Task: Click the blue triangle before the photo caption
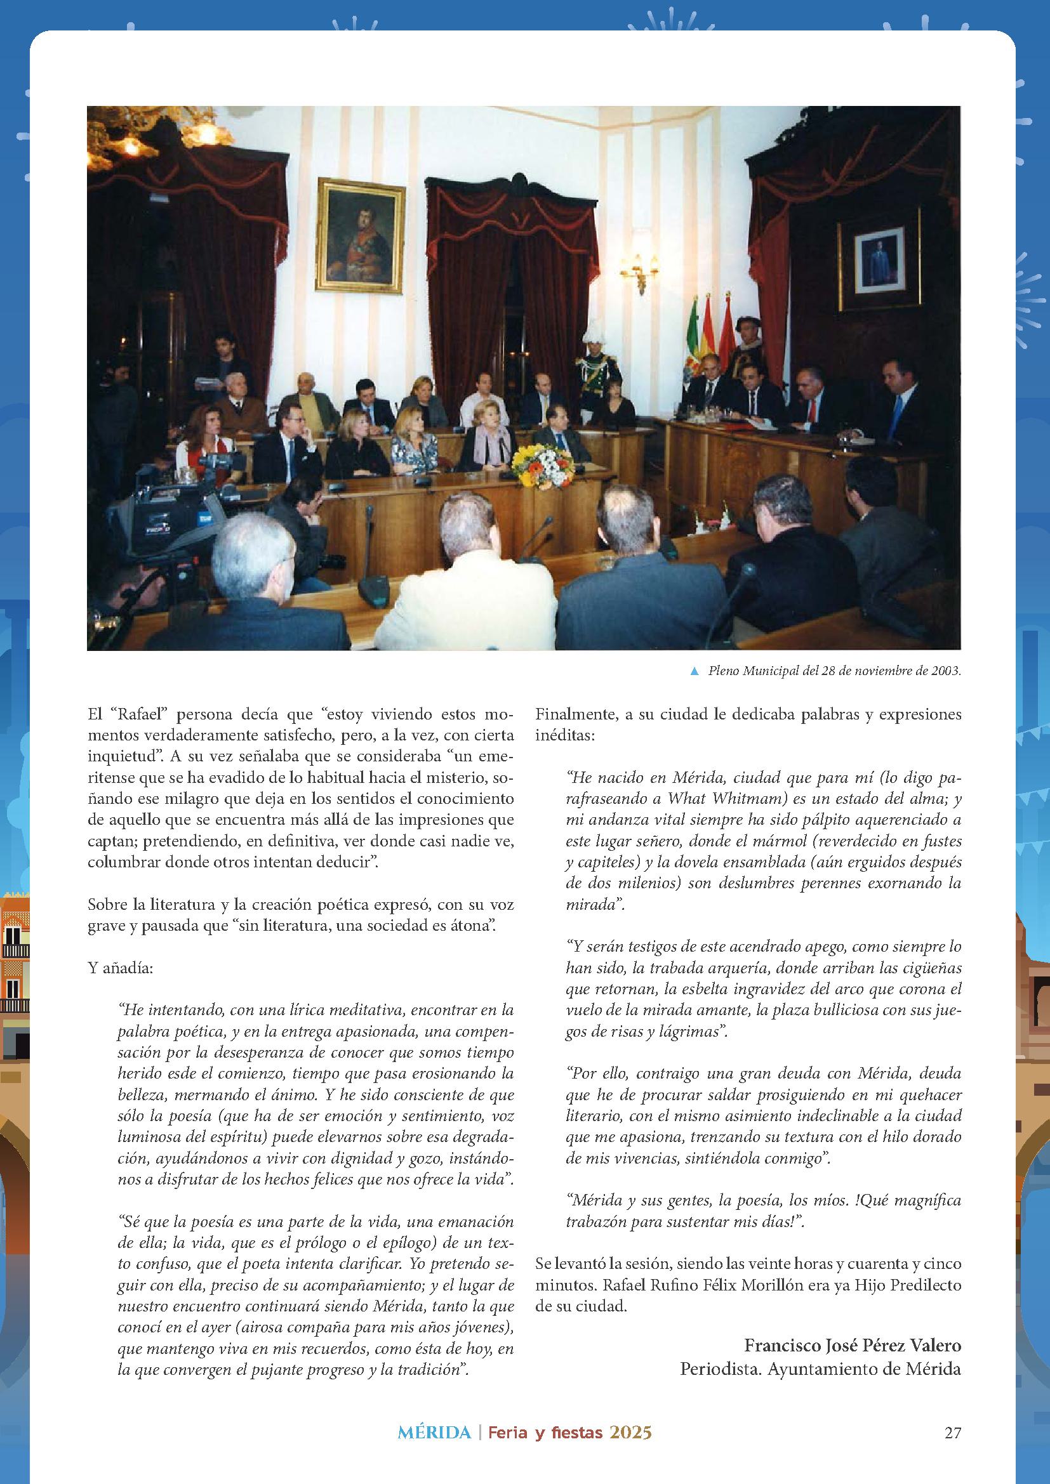[694, 671]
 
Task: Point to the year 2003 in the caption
[946, 671]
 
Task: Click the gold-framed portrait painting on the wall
[360, 235]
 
